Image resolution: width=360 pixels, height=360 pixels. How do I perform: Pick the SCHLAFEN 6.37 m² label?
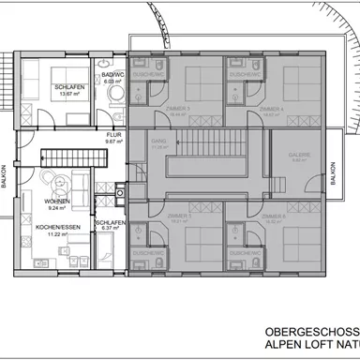pos(109,224)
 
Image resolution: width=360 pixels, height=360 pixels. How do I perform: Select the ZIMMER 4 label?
pos(273,109)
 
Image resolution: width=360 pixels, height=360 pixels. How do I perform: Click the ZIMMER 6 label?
pos(273,217)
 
